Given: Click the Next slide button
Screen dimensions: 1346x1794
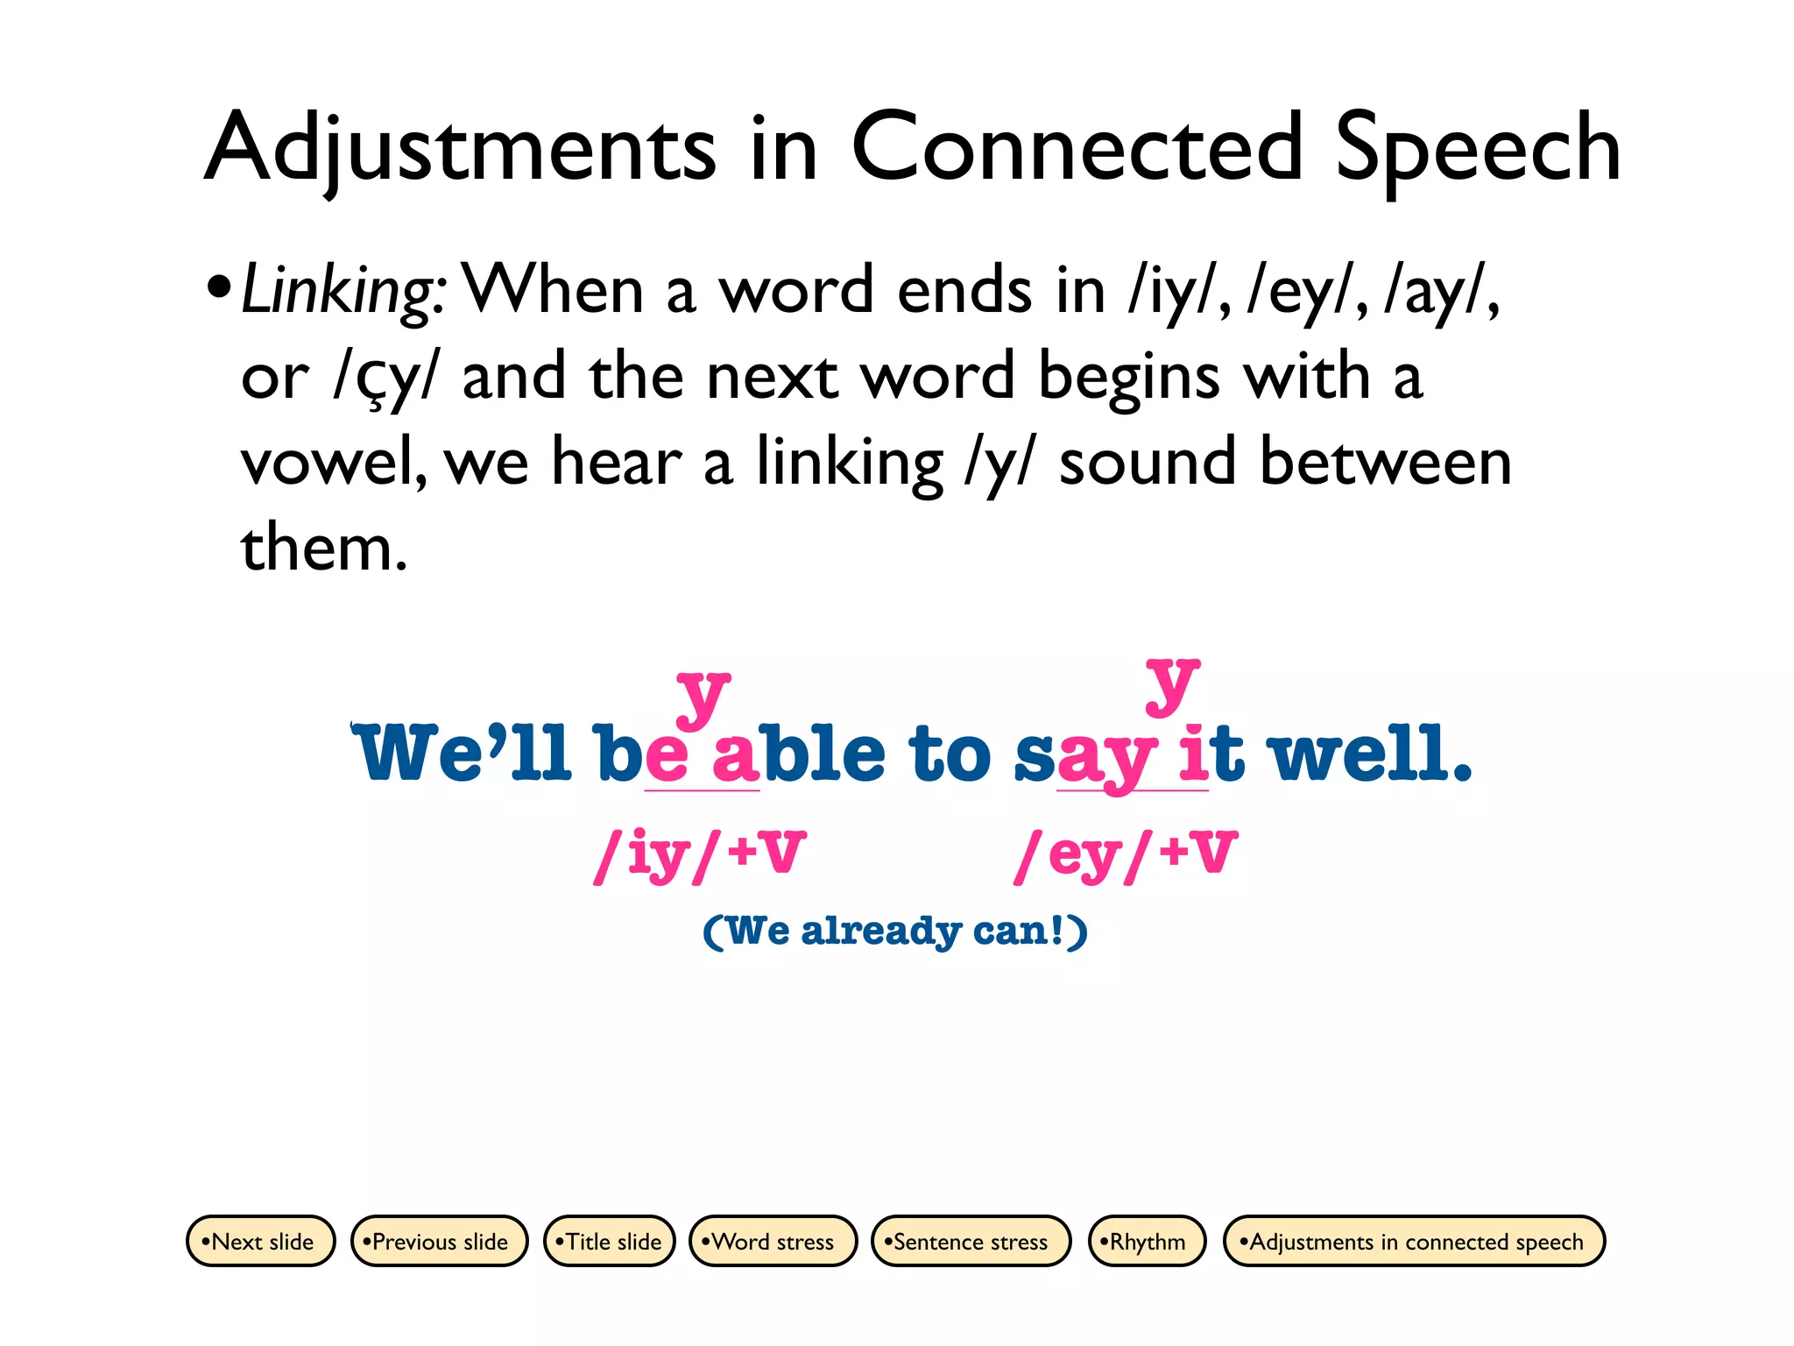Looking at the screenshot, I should [261, 1241].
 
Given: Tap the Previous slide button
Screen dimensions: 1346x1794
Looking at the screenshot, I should [439, 1241].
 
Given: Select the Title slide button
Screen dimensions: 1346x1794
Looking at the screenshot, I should [610, 1241].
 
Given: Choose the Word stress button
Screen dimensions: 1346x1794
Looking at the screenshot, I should [773, 1241].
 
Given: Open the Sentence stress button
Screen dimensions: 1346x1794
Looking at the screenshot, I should [971, 1241].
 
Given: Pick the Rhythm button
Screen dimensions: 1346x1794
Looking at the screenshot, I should [1147, 1241].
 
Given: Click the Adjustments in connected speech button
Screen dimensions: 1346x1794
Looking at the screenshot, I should [1414, 1241].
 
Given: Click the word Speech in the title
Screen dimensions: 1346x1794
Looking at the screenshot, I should [1478, 149].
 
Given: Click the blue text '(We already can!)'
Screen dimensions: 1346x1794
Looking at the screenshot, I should [895, 931].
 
